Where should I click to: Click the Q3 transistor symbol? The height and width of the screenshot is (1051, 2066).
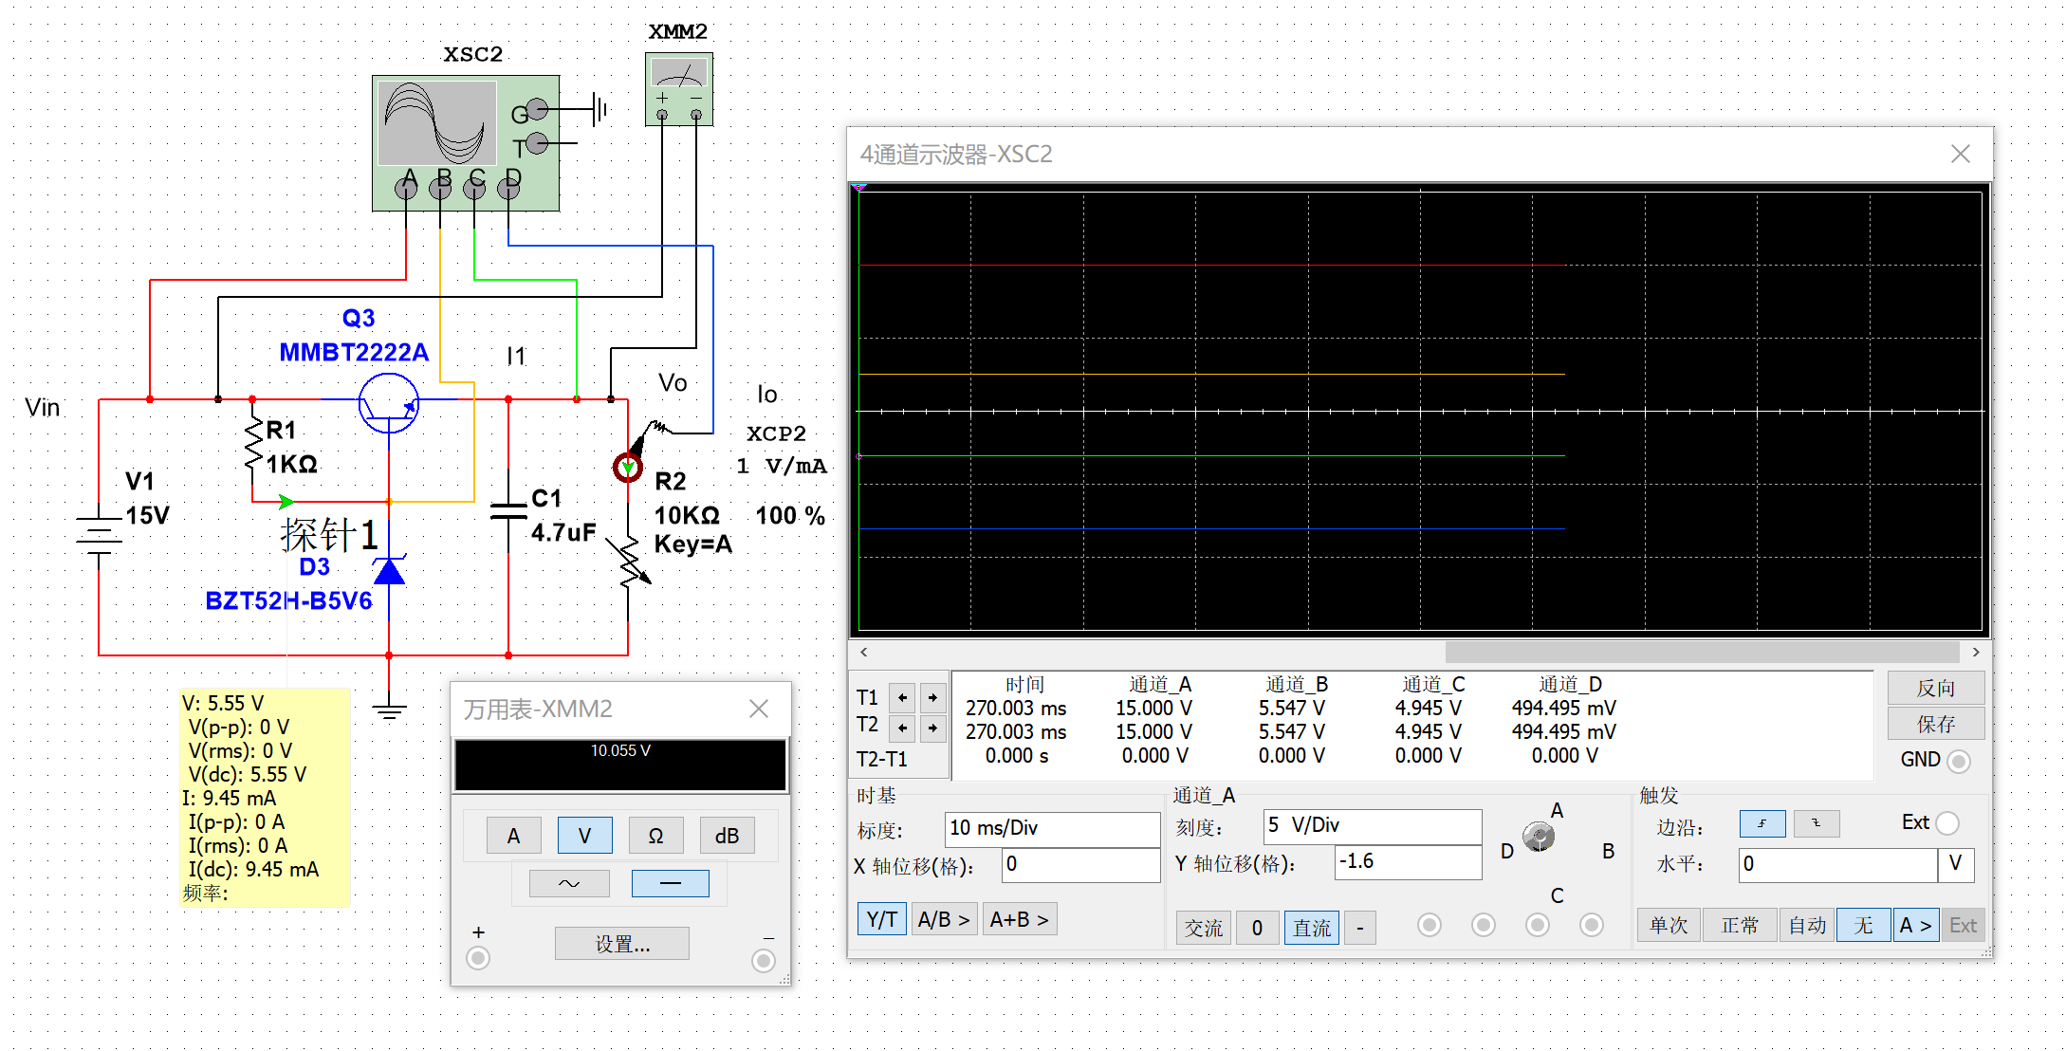pos(388,403)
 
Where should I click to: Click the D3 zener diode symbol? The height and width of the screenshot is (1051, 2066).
pos(389,570)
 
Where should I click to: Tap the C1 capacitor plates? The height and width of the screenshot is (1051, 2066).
pos(508,510)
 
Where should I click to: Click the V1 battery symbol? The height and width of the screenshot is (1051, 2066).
pos(99,536)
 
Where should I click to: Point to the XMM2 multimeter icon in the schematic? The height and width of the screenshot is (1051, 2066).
pos(679,89)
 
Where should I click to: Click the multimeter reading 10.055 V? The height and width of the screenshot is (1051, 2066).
pos(620,751)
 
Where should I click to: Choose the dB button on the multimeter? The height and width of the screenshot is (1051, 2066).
pos(727,836)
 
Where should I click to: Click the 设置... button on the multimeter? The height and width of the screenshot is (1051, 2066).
pos(622,944)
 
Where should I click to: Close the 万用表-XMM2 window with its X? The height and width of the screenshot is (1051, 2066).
pos(759,709)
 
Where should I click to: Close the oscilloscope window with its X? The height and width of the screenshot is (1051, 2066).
pos(1961,154)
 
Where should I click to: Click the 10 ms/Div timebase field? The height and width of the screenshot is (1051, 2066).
pos(1052,828)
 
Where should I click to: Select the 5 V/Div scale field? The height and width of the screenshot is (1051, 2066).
pos(1372,825)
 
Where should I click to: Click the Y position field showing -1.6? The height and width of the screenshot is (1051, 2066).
pos(1408,861)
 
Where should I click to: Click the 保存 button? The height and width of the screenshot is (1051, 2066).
pos(1935,724)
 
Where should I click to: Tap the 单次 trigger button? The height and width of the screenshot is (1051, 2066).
pos(1669,926)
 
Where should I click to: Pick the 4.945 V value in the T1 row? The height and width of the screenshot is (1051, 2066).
pos(1428,709)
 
